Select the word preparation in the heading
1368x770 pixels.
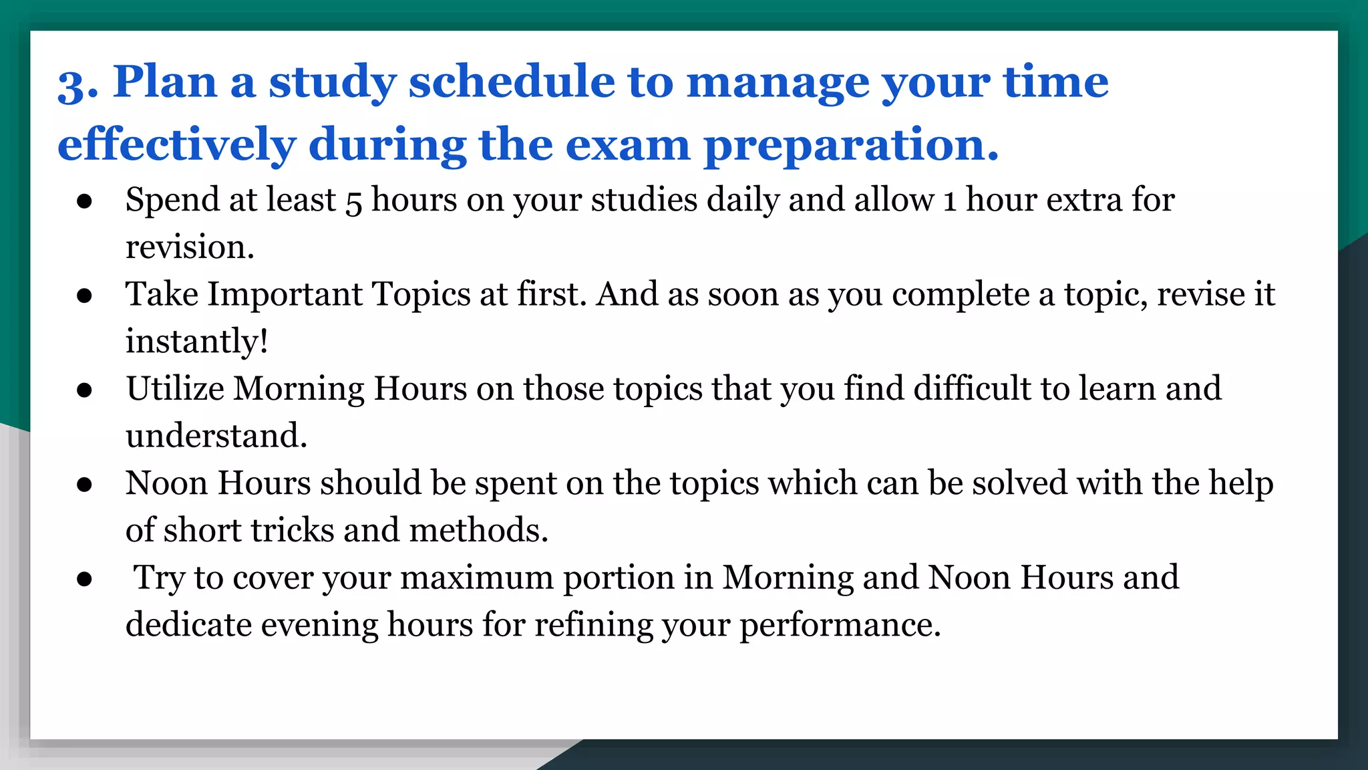pos(851,145)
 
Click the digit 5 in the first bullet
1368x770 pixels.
pos(353,201)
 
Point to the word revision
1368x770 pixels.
pos(190,247)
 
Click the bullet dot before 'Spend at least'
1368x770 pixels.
pos(84,201)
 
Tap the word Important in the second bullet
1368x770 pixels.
pos(285,295)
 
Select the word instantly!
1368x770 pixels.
pos(197,342)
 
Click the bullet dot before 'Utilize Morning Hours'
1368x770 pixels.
pos(84,390)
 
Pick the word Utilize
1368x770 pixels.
pos(175,389)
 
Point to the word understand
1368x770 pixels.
pos(216,436)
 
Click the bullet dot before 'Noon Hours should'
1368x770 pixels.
pos(84,484)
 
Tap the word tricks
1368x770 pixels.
pos(292,531)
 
